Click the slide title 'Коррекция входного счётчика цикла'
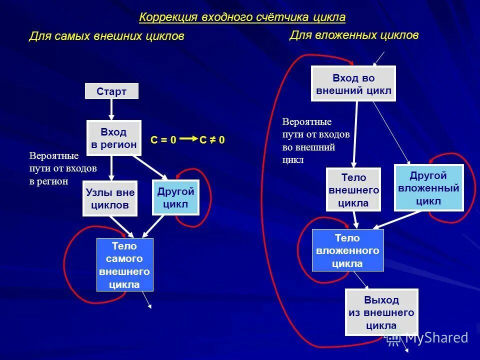242,17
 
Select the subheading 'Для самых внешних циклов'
106,36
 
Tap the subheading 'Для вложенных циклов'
353,35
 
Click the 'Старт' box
111,91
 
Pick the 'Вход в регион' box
114,138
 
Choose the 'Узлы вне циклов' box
110,198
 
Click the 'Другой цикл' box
175,197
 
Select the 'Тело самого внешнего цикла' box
124,265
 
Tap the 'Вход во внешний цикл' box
353,84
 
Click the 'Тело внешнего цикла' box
353,190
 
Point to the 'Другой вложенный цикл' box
428,188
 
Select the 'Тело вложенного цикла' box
347,250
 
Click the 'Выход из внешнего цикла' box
381,312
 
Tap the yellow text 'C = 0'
163,140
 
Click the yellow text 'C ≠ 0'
212,140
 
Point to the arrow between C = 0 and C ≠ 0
188,139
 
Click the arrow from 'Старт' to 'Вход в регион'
111,109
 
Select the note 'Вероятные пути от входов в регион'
63,168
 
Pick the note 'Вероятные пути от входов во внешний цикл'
316,140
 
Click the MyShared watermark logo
428,338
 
